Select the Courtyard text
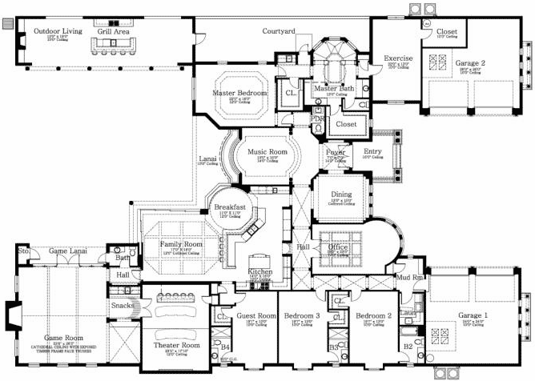coord(280,31)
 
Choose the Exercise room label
coord(397,58)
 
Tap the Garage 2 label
coord(471,63)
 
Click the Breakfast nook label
coord(229,207)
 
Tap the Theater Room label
coord(176,347)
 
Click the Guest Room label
coord(256,316)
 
